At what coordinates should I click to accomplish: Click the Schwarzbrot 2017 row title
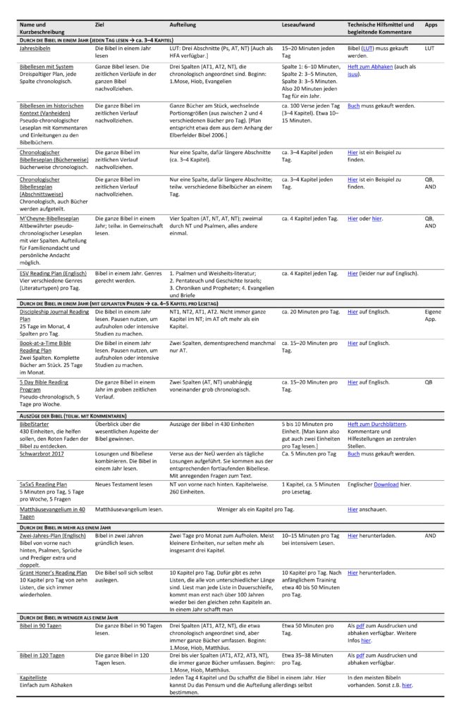click(42, 454)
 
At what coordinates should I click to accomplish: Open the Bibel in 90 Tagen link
click(42, 625)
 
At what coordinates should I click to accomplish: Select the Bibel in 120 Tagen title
click(42, 655)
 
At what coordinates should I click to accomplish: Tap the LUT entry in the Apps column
click(429, 49)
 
